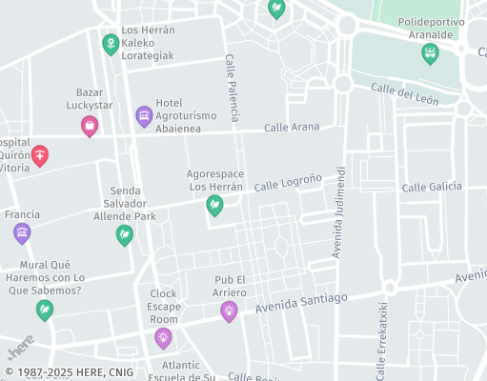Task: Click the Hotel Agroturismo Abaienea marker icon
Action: [144, 116]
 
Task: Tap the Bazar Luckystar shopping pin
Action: [90, 125]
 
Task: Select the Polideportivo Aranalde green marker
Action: [430, 53]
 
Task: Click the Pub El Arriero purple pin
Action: [229, 310]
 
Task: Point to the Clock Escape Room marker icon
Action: [164, 337]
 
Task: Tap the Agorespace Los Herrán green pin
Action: [215, 205]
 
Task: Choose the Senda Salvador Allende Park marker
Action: [125, 233]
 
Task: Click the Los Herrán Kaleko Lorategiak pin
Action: [111, 44]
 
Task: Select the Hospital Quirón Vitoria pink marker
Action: [39, 155]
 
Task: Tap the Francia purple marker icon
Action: [22, 232]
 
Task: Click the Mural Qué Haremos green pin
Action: [44, 309]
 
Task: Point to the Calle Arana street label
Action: [291, 127]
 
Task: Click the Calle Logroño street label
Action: [289, 180]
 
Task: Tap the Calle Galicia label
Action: [432, 188]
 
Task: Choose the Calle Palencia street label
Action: [233, 80]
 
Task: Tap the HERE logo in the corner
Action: [21, 344]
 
